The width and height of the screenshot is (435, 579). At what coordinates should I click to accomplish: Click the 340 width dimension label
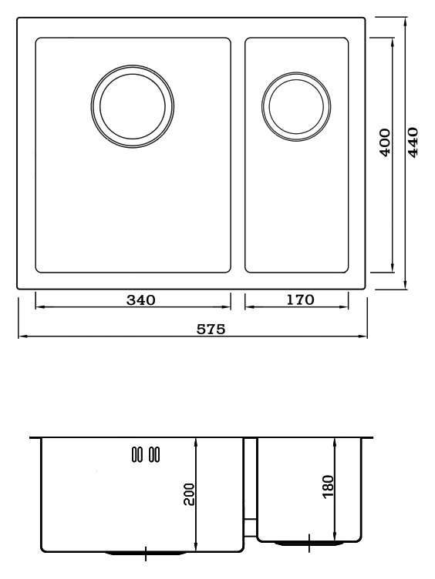pos(141,300)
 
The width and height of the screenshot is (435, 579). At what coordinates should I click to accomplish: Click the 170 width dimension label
pos(300,300)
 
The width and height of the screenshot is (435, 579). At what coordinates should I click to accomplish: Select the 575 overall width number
pos(211,329)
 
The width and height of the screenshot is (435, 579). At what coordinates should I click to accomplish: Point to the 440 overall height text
pos(413,142)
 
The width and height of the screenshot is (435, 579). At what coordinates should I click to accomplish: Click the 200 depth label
pos(189,494)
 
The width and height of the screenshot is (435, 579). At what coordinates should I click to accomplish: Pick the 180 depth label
pos(328,487)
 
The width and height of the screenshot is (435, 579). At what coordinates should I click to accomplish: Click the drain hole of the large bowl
pos(133,106)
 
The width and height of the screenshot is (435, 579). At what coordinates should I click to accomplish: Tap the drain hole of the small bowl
pos(296,106)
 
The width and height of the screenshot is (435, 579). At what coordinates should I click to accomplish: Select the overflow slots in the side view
pos(146,453)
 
